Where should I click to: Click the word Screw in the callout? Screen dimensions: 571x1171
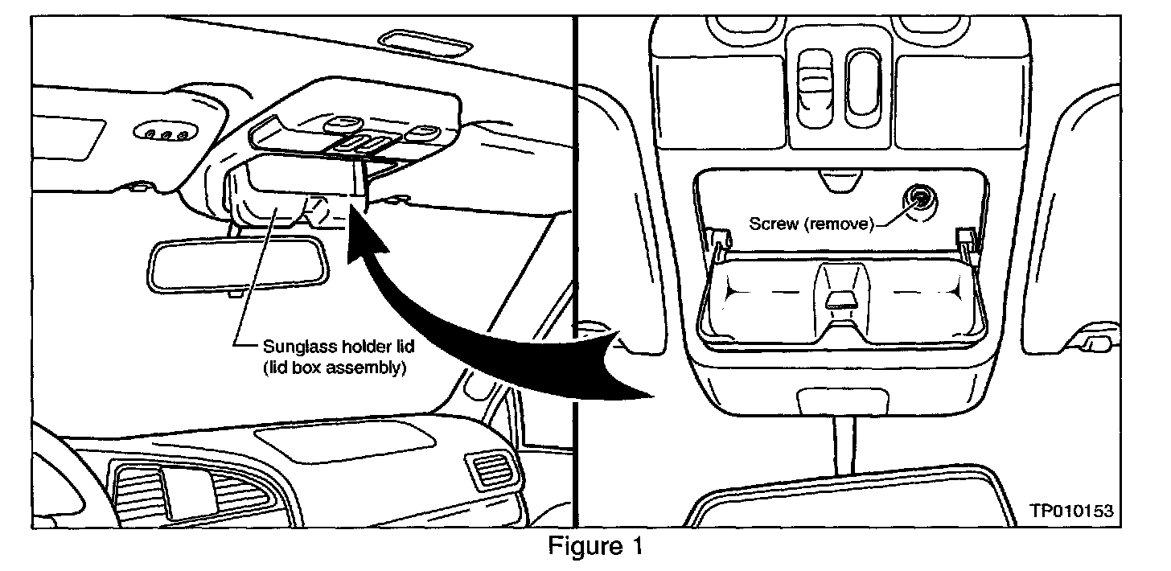769,224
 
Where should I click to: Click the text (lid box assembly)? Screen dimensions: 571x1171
333,371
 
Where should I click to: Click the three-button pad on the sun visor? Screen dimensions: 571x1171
164,131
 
